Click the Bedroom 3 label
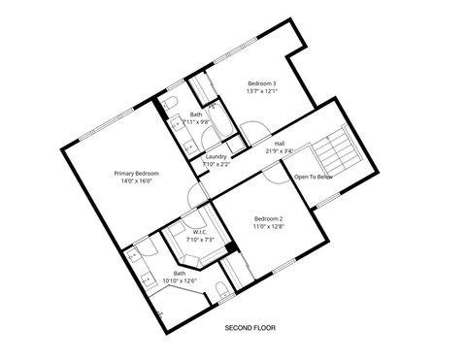pos(262,83)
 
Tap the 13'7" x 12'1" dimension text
pos(262,92)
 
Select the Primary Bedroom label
pos(139,172)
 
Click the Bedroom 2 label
pos(268,218)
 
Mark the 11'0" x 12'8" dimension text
pos(268,227)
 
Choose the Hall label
pos(280,143)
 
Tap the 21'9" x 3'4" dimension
pos(280,151)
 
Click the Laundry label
pos(216,156)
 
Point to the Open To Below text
pos(314,177)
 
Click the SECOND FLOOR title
pos(250,329)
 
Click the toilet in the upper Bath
pos(169,104)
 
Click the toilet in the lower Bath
pos(222,288)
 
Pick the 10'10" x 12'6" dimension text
pos(180,281)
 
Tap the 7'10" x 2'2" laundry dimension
pos(216,164)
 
